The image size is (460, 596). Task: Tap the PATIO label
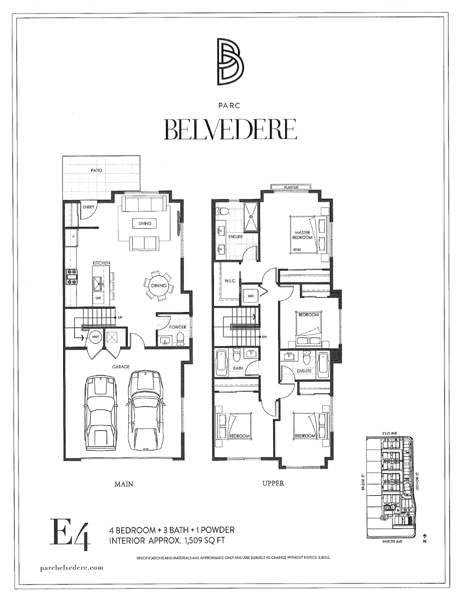(97, 171)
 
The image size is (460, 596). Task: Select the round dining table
(159, 285)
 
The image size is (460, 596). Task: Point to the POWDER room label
(177, 327)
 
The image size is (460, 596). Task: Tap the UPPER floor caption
(273, 484)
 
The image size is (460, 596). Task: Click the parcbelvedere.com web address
(71, 567)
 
